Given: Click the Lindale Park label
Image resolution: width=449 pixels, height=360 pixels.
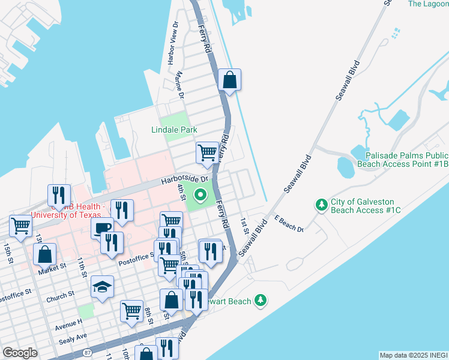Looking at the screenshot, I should point(175,130).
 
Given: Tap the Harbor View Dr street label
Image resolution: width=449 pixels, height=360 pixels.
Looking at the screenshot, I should point(173,43).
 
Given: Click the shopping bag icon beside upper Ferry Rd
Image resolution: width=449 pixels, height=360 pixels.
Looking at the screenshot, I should point(229,79).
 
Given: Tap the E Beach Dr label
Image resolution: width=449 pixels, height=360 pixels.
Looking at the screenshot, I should point(289,224).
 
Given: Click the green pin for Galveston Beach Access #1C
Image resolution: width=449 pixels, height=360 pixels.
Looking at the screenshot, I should point(322,205).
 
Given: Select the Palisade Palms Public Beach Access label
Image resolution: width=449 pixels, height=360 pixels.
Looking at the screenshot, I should point(402,159).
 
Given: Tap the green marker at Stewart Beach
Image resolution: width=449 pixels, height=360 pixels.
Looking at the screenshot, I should point(260,300).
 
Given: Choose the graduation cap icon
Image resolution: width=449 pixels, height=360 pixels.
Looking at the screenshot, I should point(102,286).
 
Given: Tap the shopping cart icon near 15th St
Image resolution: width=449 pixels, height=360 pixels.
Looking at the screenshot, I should point(20,226).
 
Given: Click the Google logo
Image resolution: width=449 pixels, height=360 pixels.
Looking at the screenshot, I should point(20,353).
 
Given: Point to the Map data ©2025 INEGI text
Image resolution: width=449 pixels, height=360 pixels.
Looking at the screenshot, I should point(414,355).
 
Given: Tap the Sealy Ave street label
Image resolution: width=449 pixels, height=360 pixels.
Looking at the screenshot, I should point(73,337).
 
